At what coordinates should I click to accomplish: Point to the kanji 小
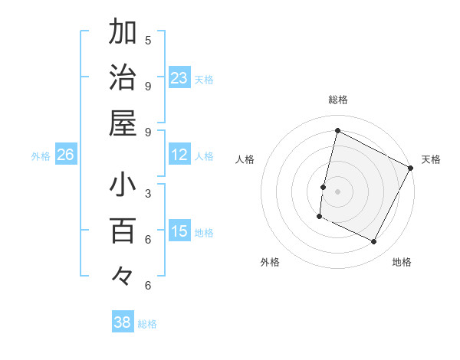(x=123, y=185)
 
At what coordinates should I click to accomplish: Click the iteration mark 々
(x=123, y=275)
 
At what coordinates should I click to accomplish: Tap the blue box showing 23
(x=179, y=78)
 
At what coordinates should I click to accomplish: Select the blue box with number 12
(x=179, y=155)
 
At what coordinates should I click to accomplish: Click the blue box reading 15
(x=179, y=232)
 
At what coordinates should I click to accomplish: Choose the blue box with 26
(x=66, y=155)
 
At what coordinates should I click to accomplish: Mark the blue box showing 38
(x=123, y=322)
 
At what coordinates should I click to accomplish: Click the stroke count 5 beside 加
(x=148, y=40)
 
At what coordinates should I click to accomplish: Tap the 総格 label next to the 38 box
(x=148, y=324)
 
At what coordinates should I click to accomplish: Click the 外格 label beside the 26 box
(x=41, y=156)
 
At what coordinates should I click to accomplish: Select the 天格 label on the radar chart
(x=431, y=159)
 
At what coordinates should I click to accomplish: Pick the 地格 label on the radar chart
(x=402, y=262)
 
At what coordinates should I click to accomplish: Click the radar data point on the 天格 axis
(x=411, y=168)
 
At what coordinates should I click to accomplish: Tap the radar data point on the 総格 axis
(x=337, y=131)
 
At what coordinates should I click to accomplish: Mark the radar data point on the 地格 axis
(x=374, y=242)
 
